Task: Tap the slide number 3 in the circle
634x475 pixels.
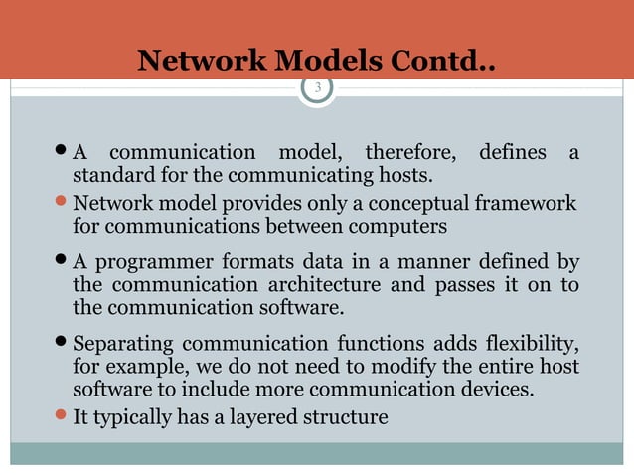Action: pyautogui.click(x=318, y=88)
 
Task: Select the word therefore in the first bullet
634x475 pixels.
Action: pyautogui.click(x=411, y=153)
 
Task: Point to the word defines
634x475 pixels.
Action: pyautogui.click(x=512, y=153)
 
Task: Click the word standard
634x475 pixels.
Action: pyautogui.click(x=113, y=178)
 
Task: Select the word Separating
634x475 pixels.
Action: pyautogui.click(x=125, y=346)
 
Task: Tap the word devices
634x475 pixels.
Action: pyautogui.click(x=501, y=392)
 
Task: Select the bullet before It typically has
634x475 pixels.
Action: pyautogui.click(x=63, y=416)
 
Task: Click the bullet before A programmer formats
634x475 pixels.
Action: pyautogui.click(x=63, y=263)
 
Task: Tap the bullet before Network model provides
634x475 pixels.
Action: pyautogui.click(x=63, y=203)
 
